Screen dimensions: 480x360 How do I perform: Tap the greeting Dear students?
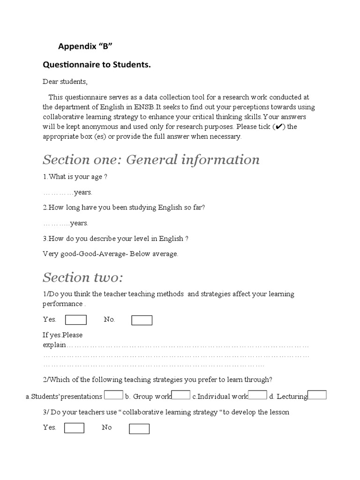point(65,82)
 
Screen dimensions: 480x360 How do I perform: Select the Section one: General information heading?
point(151,160)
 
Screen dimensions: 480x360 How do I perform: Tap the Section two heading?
point(82,277)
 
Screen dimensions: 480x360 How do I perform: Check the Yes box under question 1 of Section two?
point(76,320)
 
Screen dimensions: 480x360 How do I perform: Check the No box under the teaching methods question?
point(142,320)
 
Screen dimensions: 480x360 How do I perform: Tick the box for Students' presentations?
point(113,395)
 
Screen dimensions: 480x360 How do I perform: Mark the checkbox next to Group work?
point(181,395)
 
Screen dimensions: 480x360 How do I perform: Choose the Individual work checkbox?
point(257,395)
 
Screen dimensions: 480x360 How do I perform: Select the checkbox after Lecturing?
point(317,395)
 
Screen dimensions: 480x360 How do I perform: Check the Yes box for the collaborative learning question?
point(74,428)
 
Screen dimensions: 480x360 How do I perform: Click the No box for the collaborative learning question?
point(139,428)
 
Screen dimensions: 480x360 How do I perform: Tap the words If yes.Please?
point(63,335)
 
